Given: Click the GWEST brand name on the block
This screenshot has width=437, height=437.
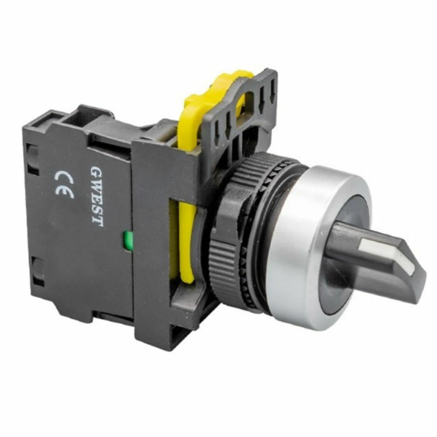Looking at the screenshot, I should [96, 195].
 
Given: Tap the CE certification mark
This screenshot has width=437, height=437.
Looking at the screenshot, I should [65, 184].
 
